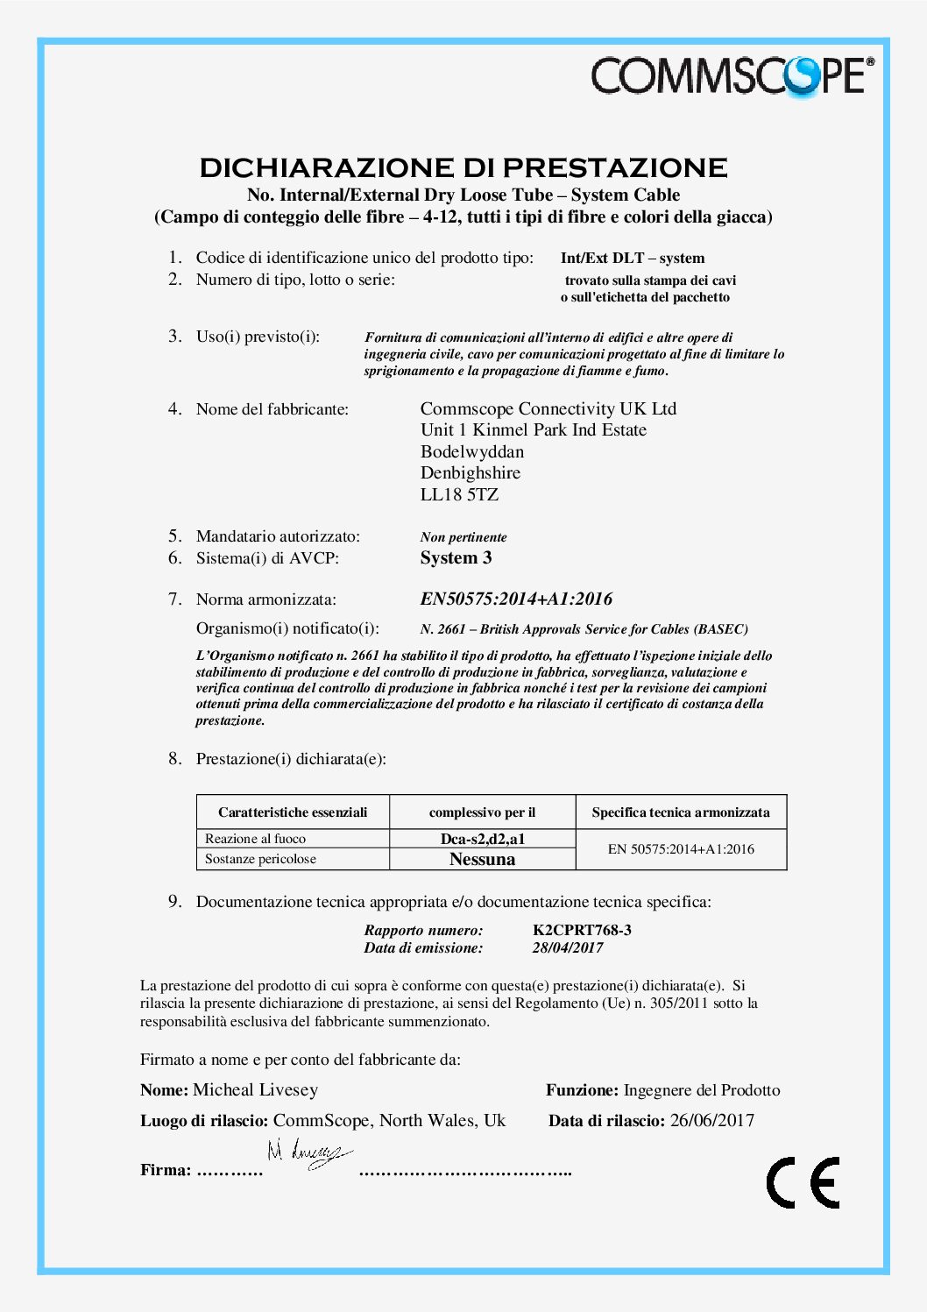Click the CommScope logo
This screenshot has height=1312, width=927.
[x=732, y=75]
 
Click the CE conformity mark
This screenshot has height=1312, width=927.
[x=803, y=1182]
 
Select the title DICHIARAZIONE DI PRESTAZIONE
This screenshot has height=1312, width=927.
[x=463, y=167]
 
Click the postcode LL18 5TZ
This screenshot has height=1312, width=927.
[x=459, y=494]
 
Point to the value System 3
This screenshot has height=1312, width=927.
[x=456, y=557]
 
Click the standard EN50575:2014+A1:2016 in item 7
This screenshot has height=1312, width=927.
[x=516, y=599]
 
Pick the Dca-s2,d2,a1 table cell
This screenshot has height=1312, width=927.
[x=482, y=839]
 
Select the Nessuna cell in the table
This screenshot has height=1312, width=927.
[x=482, y=859]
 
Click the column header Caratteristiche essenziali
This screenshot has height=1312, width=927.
[x=293, y=812]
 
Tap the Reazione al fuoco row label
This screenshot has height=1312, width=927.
[x=255, y=839]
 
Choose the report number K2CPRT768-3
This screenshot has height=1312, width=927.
[x=582, y=930]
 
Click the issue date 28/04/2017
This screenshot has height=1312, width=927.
[x=568, y=947]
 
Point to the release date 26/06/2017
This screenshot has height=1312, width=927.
[x=711, y=1120]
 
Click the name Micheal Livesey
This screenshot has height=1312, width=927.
[x=255, y=1089]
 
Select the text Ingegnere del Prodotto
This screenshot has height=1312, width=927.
[x=701, y=1090]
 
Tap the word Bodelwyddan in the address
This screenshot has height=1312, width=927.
[x=472, y=451]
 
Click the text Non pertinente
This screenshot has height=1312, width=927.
[x=463, y=537]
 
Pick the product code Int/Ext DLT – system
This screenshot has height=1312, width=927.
[x=633, y=258]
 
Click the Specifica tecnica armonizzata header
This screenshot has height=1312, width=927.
[x=681, y=812]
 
